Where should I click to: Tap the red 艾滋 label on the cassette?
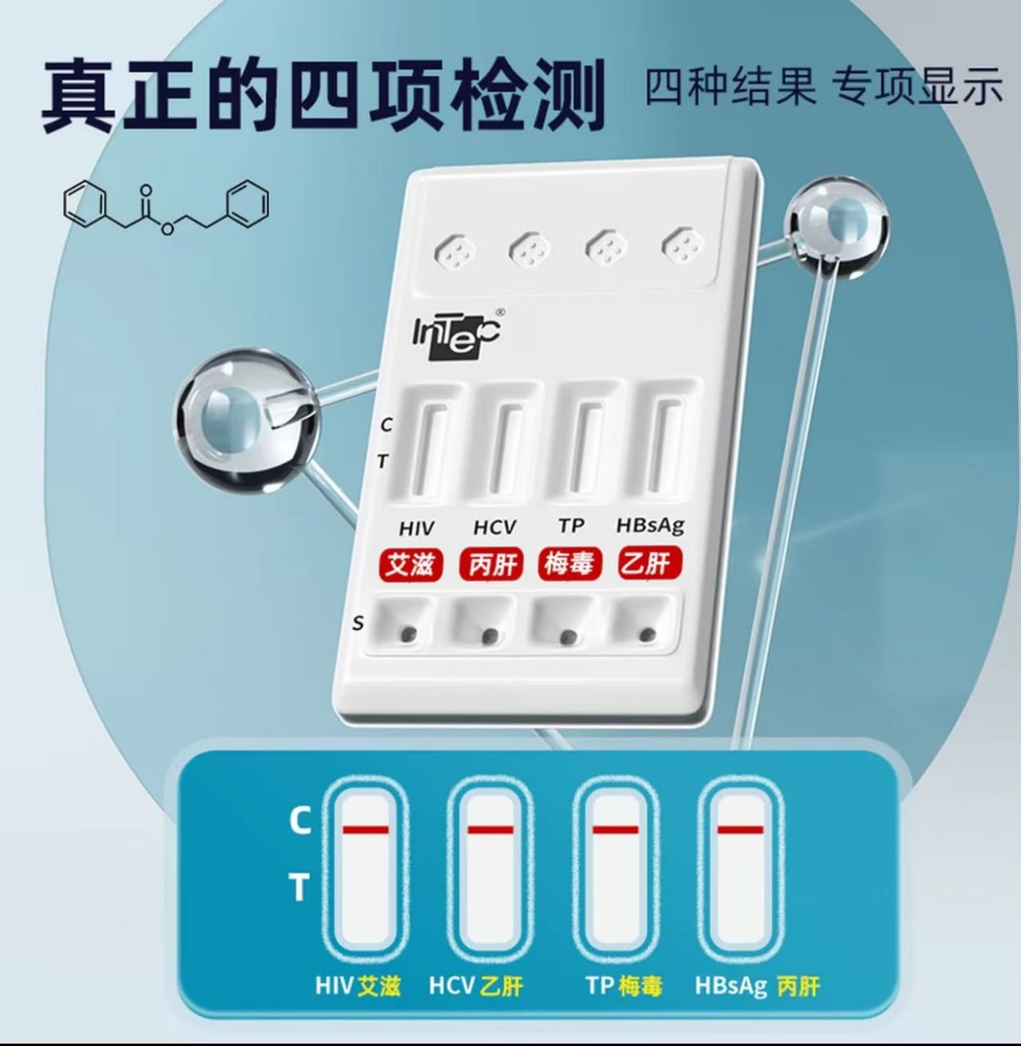(x=410, y=565)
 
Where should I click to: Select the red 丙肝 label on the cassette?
(x=491, y=565)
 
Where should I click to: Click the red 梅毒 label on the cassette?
(x=570, y=564)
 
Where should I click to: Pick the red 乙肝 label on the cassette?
(x=651, y=563)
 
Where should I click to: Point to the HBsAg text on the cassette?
(x=650, y=526)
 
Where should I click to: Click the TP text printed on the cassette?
(x=571, y=525)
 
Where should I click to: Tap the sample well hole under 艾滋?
(x=410, y=634)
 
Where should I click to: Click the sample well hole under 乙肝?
(x=647, y=635)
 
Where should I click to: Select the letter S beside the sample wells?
(x=357, y=624)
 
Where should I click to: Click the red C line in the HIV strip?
(x=365, y=830)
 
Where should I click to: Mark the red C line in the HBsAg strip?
(x=741, y=830)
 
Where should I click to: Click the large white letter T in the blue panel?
(x=299, y=887)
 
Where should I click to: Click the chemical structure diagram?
(x=166, y=209)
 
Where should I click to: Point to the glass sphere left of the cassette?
(x=245, y=421)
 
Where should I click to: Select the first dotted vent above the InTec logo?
(x=455, y=251)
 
